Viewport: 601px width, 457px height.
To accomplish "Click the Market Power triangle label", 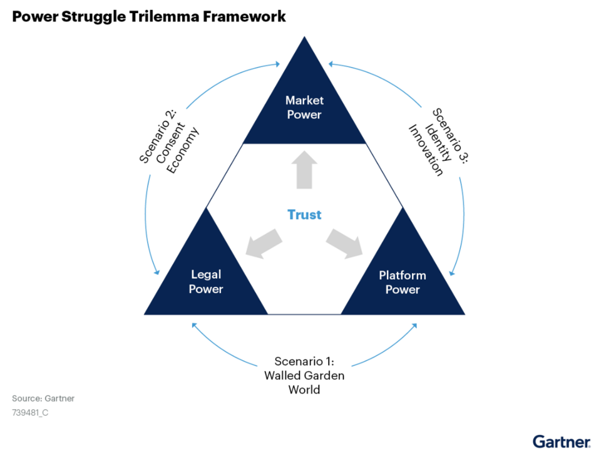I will pyautogui.click(x=304, y=107).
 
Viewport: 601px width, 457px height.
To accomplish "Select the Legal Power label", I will pyautogui.click(x=205, y=282).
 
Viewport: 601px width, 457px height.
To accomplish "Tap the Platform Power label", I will pyautogui.click(x=402, y=282).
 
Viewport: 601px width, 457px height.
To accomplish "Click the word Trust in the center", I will pyautogui.click(x=304, y=215).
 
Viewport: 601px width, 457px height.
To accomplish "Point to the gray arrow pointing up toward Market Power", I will pyautogui.click(x=304, y=170).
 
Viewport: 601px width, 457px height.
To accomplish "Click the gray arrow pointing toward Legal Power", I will pyautogui.click(x=264, y=244).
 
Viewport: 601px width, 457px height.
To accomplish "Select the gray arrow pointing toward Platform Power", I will pyautogui.click(x=345, y=244).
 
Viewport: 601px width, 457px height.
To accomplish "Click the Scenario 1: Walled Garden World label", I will pyautogui.click(x=304, y=375).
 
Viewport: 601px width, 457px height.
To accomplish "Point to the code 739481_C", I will pyautogui.click(x=30, y=413).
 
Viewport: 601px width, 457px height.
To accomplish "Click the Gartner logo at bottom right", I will pyautogui.click(x=561, y=441).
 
